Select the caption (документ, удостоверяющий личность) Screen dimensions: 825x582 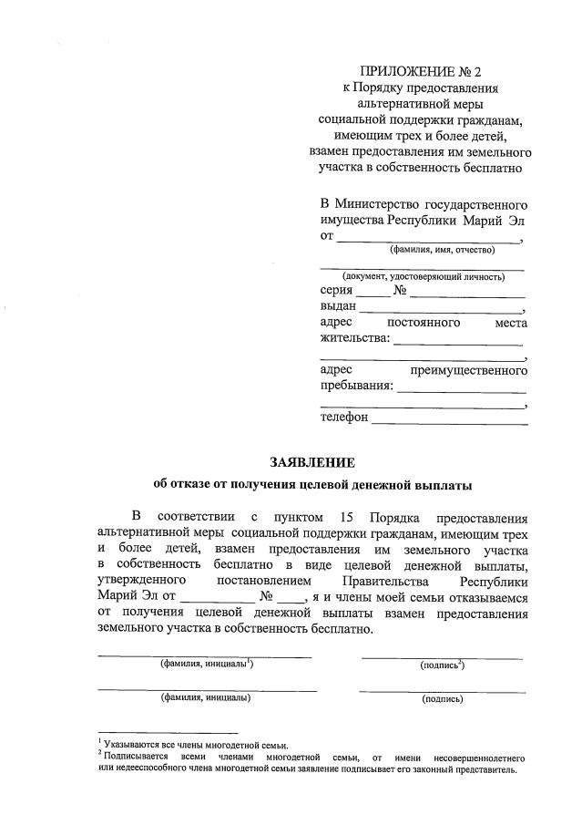[423, 275]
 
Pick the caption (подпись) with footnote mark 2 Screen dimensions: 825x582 [443, 665]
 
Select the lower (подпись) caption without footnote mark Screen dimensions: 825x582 [442, 699]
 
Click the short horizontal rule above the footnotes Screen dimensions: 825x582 [168, 733]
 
